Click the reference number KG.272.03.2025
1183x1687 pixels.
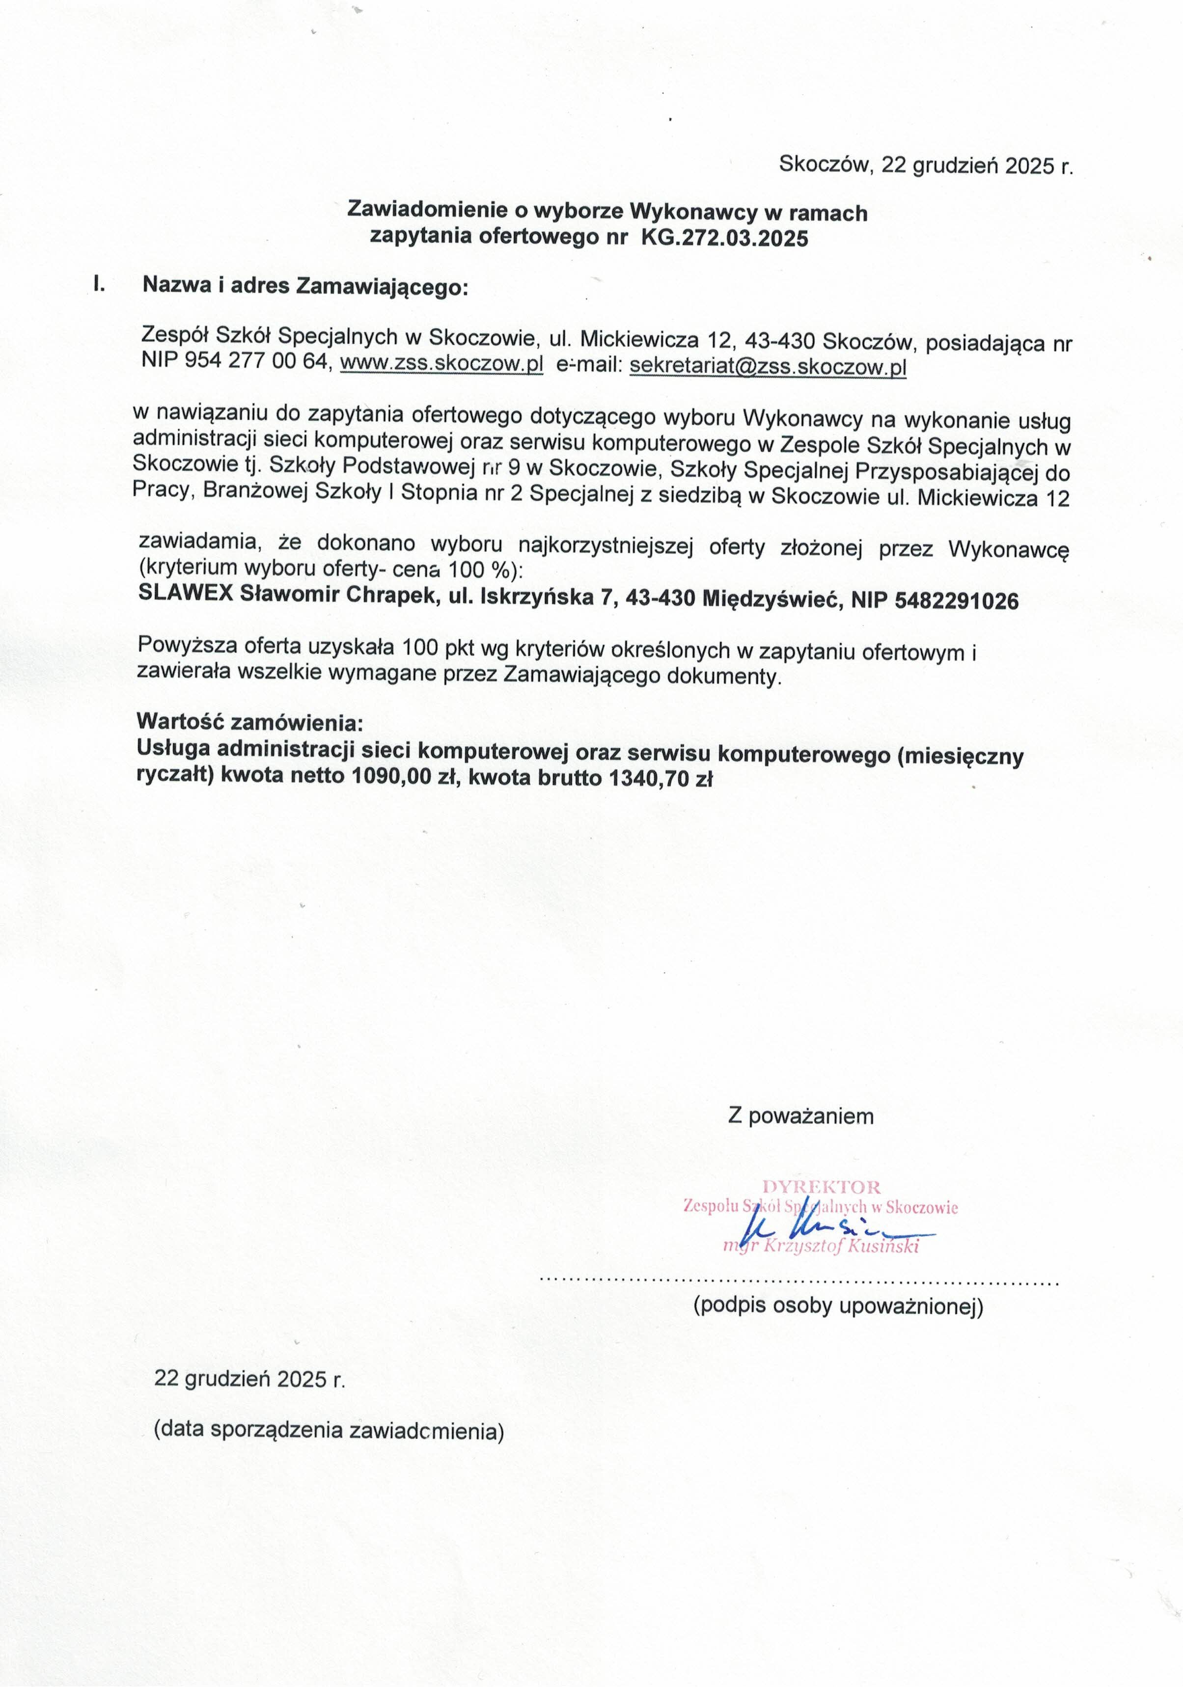point(724,238)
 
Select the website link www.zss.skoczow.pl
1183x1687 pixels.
point(441,363)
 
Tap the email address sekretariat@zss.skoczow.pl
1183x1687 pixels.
point(768,365)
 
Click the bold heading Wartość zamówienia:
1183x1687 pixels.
point(250,722)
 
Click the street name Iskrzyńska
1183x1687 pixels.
point(536,598)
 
